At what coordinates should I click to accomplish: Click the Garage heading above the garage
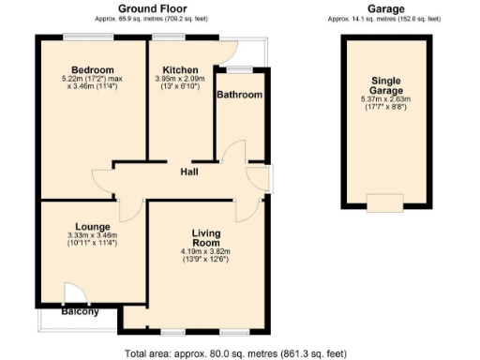point(385,8)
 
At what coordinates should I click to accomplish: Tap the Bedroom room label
point(93,71)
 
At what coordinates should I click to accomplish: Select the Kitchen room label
point(179,71)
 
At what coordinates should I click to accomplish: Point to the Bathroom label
point(239,95)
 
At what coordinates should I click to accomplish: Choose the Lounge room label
point(93,227)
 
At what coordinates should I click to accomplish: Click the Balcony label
point(81,312)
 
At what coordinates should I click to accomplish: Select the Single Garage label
point(385,85)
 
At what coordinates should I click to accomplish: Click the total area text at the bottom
point(235,353)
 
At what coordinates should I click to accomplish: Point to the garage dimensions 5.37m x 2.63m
point(385,99)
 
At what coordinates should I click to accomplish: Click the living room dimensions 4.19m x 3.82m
point(205,251)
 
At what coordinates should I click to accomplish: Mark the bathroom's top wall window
point(240,68)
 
